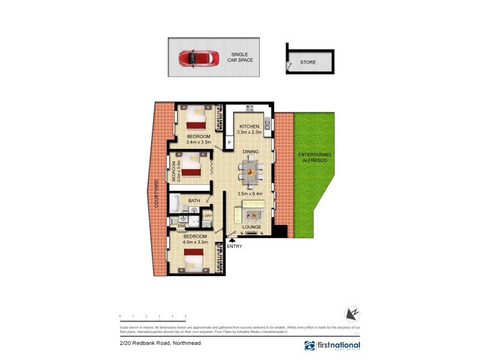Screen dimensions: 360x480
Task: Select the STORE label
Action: click(x=308, y=62)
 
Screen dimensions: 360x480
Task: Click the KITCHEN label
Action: click(x=249, y=126)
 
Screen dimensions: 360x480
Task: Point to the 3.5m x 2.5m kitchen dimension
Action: click(x=250, y=133)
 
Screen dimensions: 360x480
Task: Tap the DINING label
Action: click(x=250, y=152)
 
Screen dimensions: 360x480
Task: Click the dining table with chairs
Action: click(x=250, y=172)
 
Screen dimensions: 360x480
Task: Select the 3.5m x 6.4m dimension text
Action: click(x=250, y=194)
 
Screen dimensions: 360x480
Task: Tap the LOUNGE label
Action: click(x=250, y=227)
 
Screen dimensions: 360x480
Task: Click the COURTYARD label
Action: click(x=156, y=194)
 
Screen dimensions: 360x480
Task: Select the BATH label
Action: click(x=194, y=201)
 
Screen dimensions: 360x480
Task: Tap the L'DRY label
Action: click(x=207, y=215)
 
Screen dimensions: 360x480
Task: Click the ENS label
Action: click(x=173, y=226)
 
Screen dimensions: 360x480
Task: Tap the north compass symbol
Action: click(x=352, y=314)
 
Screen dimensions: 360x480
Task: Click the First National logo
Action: click(x=332, y=346)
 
